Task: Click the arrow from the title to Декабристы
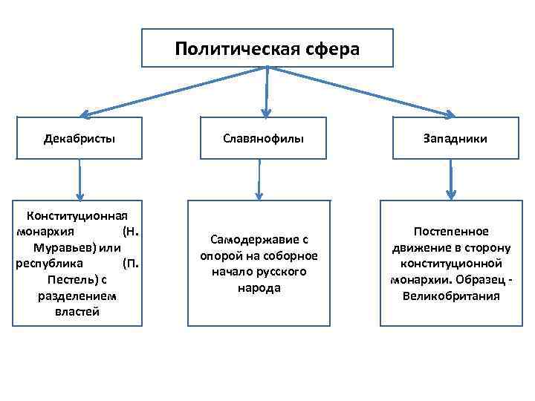[x=171, y=91]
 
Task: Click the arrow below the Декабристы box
[x=80, y=178]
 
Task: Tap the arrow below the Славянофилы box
[x=259, y=179]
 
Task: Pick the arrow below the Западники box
[x=451, y=178]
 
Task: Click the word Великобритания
[x=451, y=296]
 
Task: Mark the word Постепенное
[x=451, y=231]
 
